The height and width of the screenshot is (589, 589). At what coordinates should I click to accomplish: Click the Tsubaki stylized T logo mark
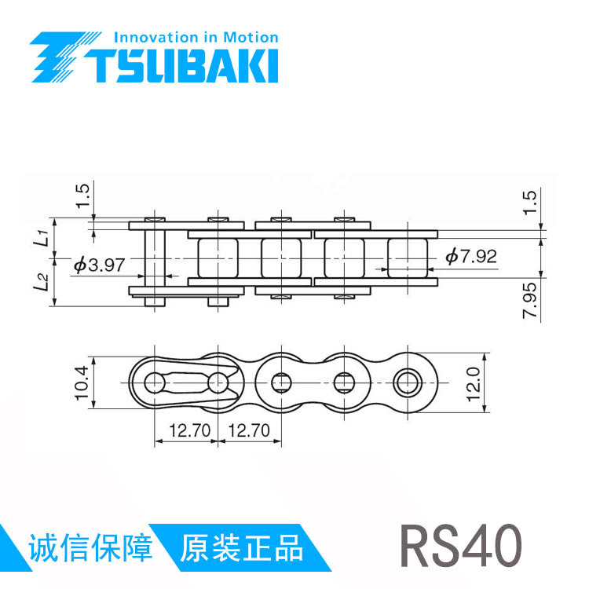pos(57,58)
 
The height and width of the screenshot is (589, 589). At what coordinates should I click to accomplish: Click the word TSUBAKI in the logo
pos(185,67)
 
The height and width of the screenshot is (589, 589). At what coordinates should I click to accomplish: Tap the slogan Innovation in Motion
pos(196,37)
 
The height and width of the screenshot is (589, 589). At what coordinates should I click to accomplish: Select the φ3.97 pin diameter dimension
pos(100,265)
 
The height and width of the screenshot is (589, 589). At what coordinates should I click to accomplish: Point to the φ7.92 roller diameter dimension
pos(470,257)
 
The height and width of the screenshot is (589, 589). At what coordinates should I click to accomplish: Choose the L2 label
pos(44,288)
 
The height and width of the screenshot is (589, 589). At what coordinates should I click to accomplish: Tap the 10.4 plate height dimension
pos(80,382)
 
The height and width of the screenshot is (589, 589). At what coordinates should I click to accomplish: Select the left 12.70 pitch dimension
pos(185,430)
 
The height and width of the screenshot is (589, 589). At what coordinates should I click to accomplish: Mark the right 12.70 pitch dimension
pos(247,430)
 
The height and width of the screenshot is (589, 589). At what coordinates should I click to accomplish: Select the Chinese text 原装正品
pos(242,547)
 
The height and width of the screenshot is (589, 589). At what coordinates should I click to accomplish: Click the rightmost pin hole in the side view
pos(407,382)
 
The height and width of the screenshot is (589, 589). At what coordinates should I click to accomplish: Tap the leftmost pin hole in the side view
pos(155,382)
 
